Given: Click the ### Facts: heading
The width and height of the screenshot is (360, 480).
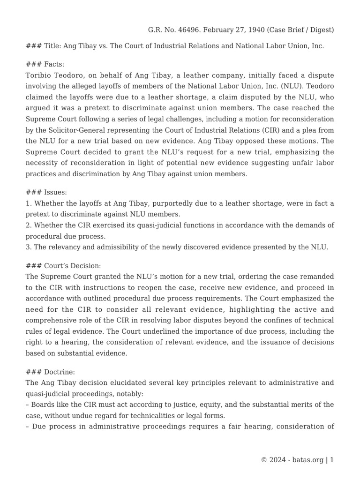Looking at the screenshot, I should point(45,64).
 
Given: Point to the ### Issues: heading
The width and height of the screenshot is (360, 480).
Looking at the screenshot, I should point(46,192).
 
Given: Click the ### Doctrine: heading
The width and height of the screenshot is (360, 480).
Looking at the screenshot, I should point(51,372).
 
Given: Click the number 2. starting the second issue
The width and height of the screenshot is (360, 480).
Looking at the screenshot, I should point(29,225).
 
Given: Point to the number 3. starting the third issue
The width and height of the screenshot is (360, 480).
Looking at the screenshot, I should point(29,247).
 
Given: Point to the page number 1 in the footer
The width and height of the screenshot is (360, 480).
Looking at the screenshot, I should point(332,460).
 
